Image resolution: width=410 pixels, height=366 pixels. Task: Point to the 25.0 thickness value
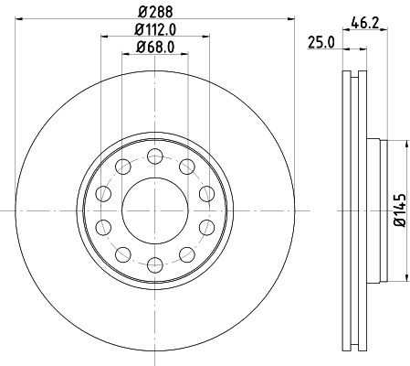320,41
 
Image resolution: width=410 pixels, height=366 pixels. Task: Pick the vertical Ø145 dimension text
399,210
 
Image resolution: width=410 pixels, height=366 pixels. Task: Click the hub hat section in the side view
373,210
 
